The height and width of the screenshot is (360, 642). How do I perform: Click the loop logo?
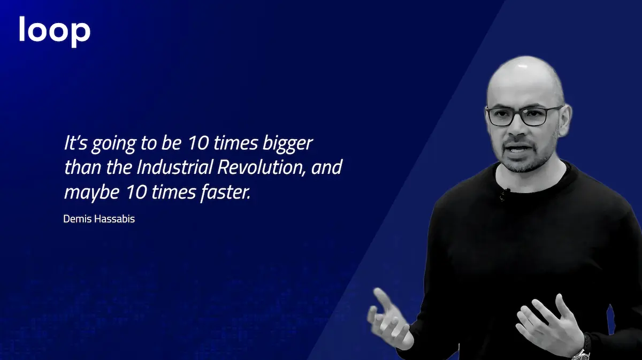pyautogui.click(x=55, y=32)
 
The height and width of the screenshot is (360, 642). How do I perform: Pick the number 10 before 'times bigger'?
pyautogui.click(x=198, y=143)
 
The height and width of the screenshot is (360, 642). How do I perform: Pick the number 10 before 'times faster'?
pyautogui.click(x=136, y=192)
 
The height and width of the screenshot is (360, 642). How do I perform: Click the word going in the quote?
pyautogui.click(x=113, y=144)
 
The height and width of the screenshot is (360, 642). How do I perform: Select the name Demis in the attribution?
pyautogui.click(x=78, y=219)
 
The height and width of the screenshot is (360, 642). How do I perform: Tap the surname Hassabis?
pyautogui.click(x=114, y=219)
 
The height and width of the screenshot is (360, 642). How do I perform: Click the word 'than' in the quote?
pyautogui.click(x=82, y=167)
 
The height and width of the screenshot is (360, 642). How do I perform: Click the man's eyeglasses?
pyautogui.click(x=524, y=116)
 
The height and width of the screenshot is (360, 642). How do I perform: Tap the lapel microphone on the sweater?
pyautogui.click(x=503, y=194)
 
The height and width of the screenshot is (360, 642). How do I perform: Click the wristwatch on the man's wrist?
pyautogui.click(x=582, y=352)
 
